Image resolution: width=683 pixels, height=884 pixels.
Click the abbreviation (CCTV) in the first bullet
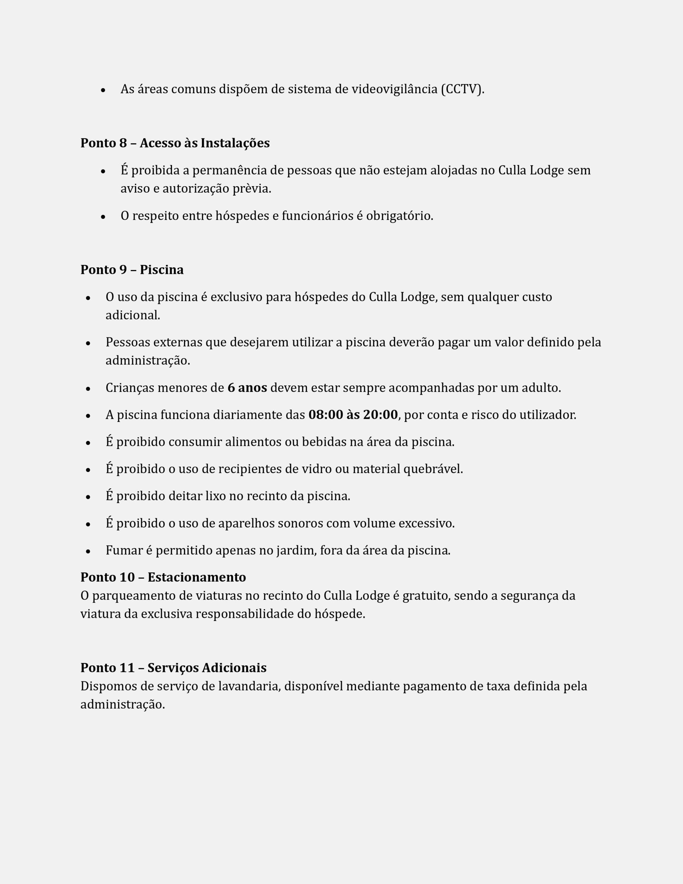coord(462,89)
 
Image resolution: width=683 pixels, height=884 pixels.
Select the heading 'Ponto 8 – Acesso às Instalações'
coord(175,143)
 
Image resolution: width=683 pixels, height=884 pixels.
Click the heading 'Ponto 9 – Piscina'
coord(132,270)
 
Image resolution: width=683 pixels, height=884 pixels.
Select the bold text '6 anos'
coord(247,388)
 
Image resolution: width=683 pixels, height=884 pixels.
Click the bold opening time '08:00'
coord(326,415)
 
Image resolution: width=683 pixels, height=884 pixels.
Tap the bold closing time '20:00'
coord(380,415)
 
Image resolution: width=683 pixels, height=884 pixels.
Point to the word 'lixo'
coord(215,496)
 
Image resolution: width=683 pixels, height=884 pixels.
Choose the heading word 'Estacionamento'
coord(197,577)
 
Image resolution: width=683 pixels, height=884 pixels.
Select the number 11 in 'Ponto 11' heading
coord(127,668)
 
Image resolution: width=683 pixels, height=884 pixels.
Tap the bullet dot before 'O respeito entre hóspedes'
coord(103,217)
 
